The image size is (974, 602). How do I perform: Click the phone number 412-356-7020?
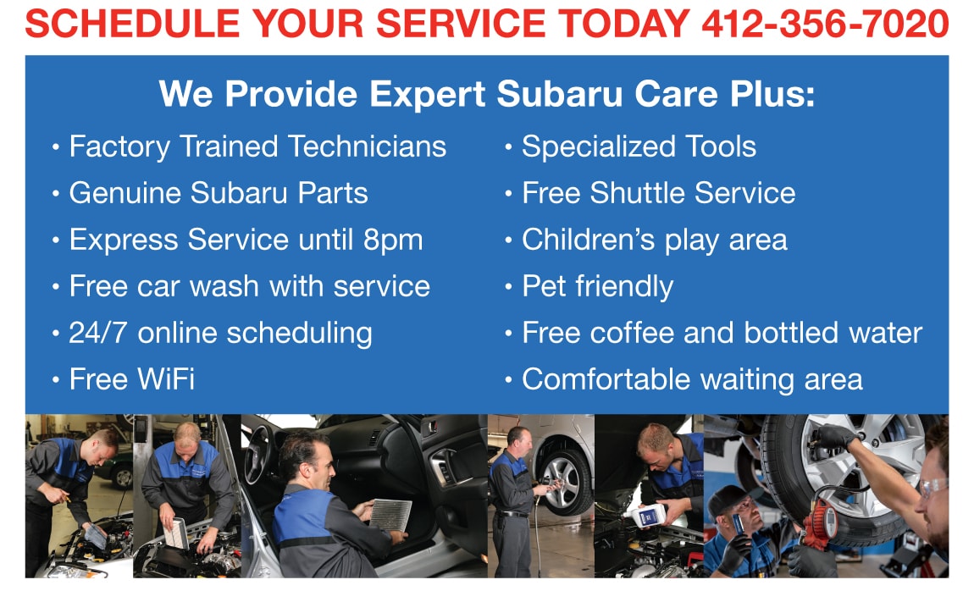point(825,25)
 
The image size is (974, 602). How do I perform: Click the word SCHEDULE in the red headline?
point(132,25)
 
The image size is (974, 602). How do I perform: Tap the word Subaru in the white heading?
point(559,94)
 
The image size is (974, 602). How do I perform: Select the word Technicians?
point(367,146)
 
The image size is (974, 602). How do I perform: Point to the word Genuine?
point(125,193)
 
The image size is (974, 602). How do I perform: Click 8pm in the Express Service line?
point(393,240)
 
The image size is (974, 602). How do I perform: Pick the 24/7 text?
point(98,333)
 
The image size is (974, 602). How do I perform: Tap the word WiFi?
point(166,379)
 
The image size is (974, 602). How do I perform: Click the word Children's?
point(589,240)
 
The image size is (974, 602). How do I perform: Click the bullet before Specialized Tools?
point(509,148)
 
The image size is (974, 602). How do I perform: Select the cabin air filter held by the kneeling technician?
point(390,515)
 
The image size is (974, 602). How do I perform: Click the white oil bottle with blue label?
point(649,516)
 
